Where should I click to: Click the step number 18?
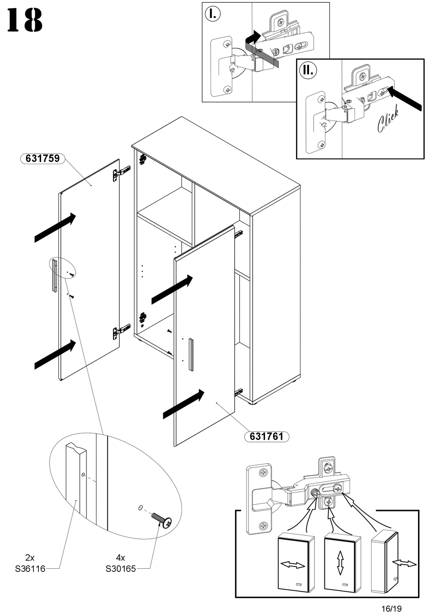[25, 20]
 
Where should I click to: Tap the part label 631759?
[43, 158]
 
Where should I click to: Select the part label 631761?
[266, 436]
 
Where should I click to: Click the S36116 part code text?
[30, 569]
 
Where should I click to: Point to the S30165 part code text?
[121, 569]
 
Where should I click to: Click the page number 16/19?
[391, 608]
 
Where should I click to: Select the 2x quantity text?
[30, 558]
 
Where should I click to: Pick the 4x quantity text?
[120, 558]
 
